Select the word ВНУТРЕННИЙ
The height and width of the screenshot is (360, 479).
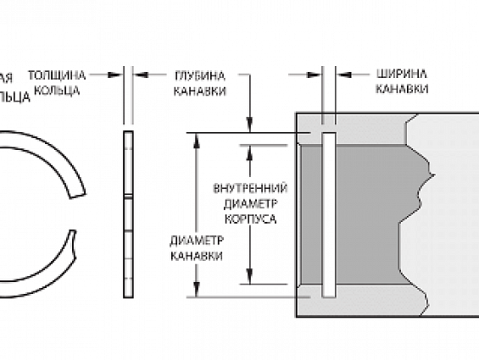250,187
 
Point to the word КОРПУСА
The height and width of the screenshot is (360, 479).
250,218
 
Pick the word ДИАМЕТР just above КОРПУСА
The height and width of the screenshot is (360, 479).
250,202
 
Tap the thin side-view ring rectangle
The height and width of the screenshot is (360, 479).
129,215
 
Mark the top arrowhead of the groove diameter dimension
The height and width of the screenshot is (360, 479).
198,137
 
